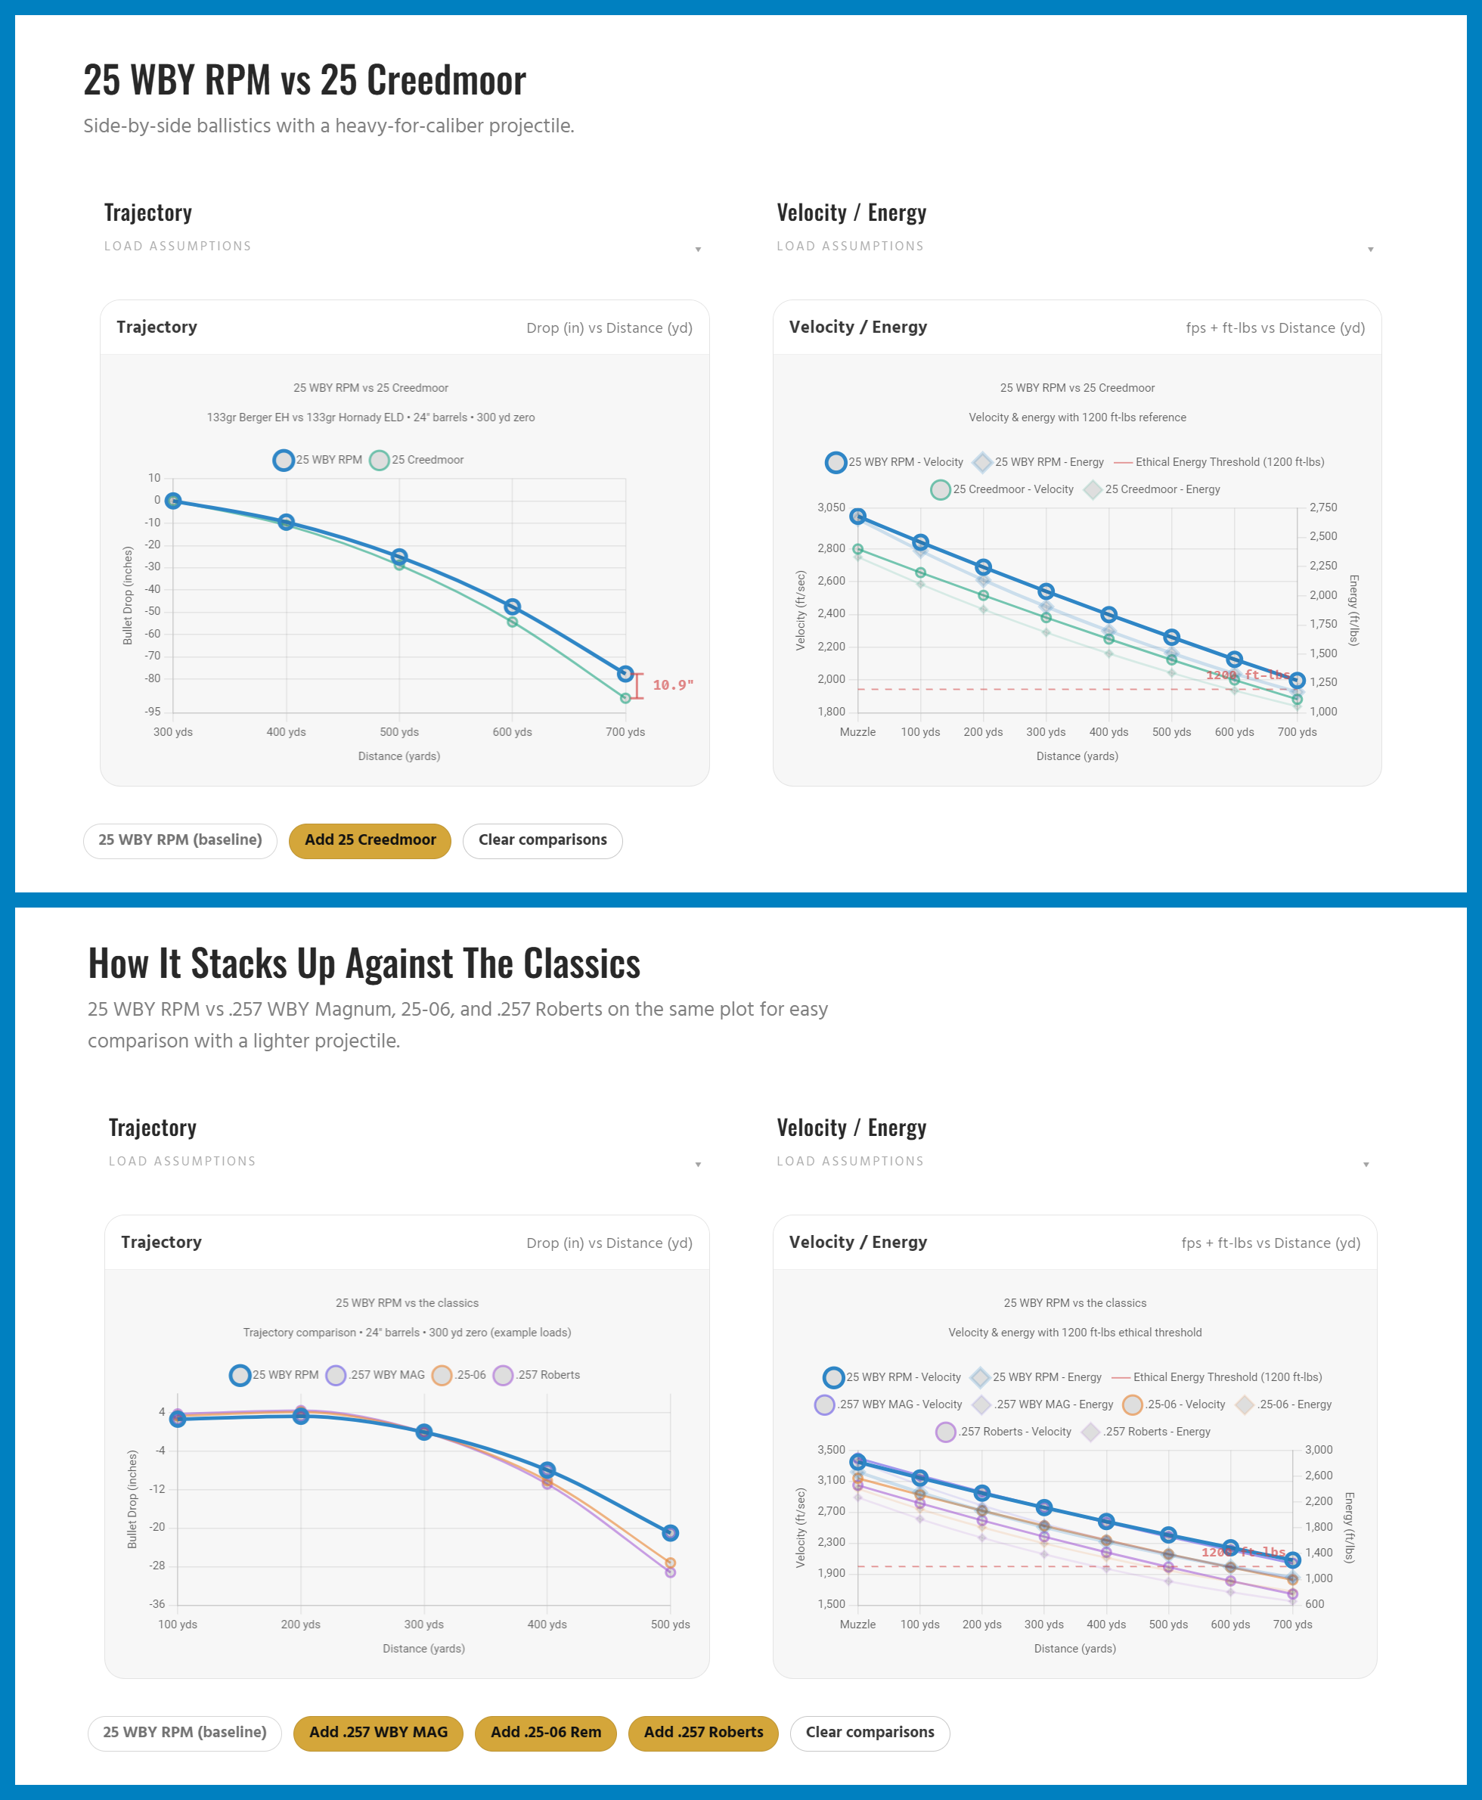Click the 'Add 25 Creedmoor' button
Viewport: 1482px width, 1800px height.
tap(370, 840)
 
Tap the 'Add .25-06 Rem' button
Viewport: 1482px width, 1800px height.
tap(545, 1733)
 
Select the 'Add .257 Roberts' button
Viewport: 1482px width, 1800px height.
tap(702, 1733)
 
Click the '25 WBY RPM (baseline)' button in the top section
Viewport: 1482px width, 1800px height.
tap(180, 840)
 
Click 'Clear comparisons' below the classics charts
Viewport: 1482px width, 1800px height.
tap(869, 1733)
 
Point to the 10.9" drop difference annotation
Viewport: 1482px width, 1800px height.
tap(673, 684)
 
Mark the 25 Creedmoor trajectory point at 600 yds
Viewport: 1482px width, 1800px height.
tap(512, 622)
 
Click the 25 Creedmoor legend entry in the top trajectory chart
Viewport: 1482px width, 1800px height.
tap(418, 461)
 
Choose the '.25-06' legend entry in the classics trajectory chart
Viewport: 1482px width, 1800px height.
tap(460, 1375)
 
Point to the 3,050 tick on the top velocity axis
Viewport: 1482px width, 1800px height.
tap(831, 508)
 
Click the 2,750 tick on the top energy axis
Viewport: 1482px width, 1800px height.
tap(1323, 508)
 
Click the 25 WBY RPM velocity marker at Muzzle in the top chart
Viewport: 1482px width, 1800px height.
tap(858, 516)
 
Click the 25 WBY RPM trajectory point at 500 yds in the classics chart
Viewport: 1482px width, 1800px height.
tap(670, 1533)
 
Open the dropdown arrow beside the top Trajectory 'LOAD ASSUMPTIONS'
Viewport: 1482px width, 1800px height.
tap(699, 250)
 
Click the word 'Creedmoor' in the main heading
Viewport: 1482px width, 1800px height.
tap(423, 80)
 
